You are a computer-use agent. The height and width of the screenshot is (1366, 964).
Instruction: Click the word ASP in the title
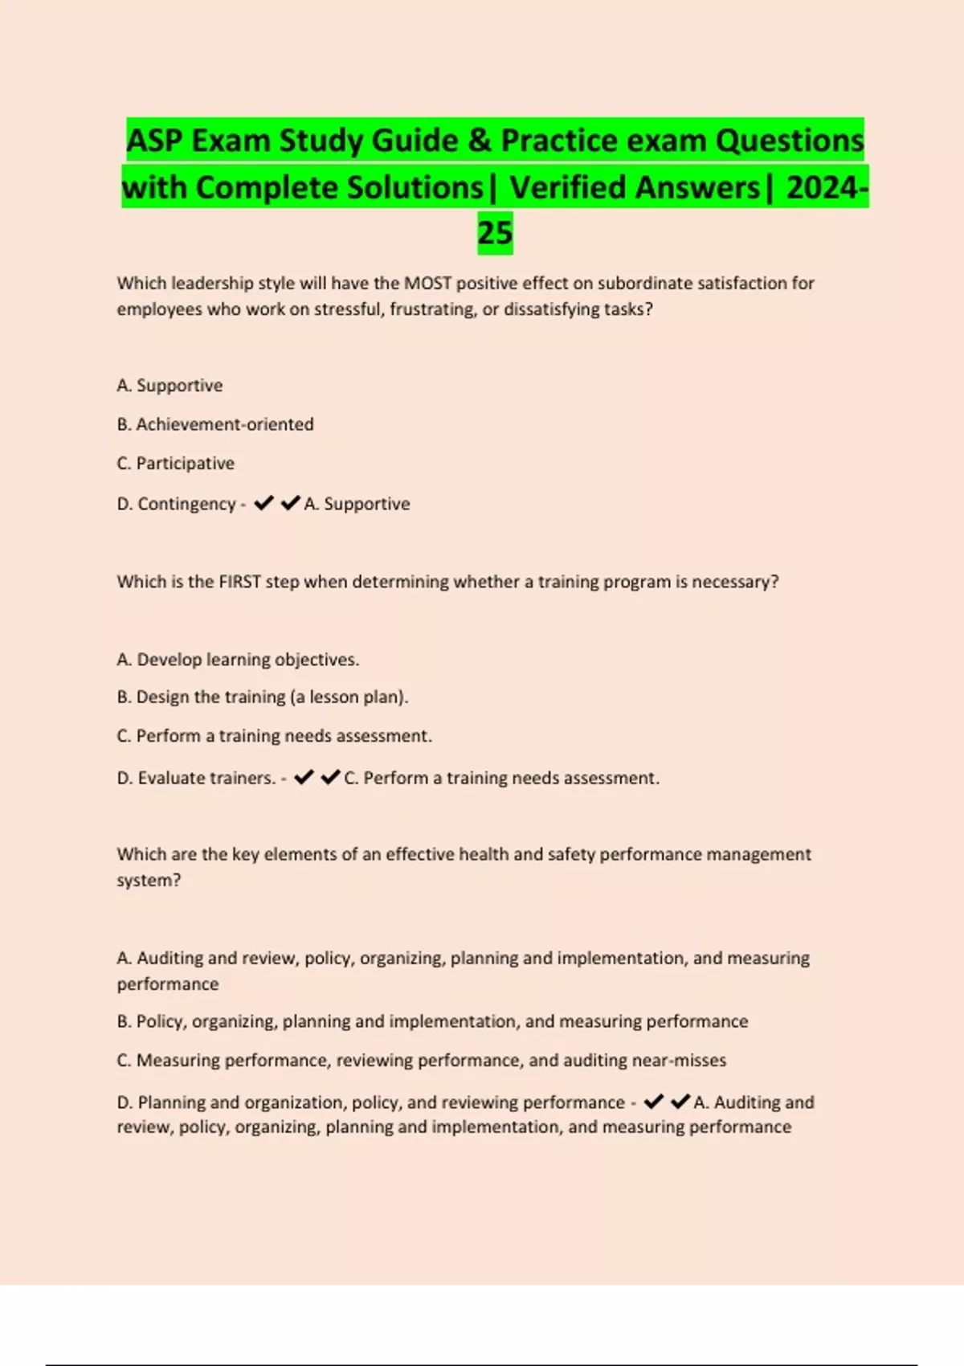(154, 141)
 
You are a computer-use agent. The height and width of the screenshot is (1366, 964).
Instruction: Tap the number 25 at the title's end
(495, 233)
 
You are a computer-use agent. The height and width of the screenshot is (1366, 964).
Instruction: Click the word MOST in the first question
(427, 283)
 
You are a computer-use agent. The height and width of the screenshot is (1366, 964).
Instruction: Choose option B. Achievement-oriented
(215, 424)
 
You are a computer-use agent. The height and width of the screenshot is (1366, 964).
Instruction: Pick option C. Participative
(176, 464)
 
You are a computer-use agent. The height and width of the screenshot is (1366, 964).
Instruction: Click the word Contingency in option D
(186, 504)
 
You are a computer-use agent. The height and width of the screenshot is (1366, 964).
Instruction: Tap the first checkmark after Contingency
(263, 503)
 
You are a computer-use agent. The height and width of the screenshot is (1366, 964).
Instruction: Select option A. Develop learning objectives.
(238, 660)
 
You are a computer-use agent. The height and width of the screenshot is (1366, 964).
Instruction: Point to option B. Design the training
(263, 697)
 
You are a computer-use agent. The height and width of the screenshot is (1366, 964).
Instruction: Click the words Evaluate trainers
(206, 778)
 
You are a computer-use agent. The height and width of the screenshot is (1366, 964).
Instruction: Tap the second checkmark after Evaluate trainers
(330, 777)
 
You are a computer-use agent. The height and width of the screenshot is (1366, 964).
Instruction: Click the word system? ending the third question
(149, 880)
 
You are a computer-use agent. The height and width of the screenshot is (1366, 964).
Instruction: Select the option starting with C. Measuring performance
(421, 1061)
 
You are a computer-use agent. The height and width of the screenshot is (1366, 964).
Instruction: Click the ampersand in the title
(480, 141)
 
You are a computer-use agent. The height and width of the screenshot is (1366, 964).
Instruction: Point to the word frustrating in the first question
(432, 309)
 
